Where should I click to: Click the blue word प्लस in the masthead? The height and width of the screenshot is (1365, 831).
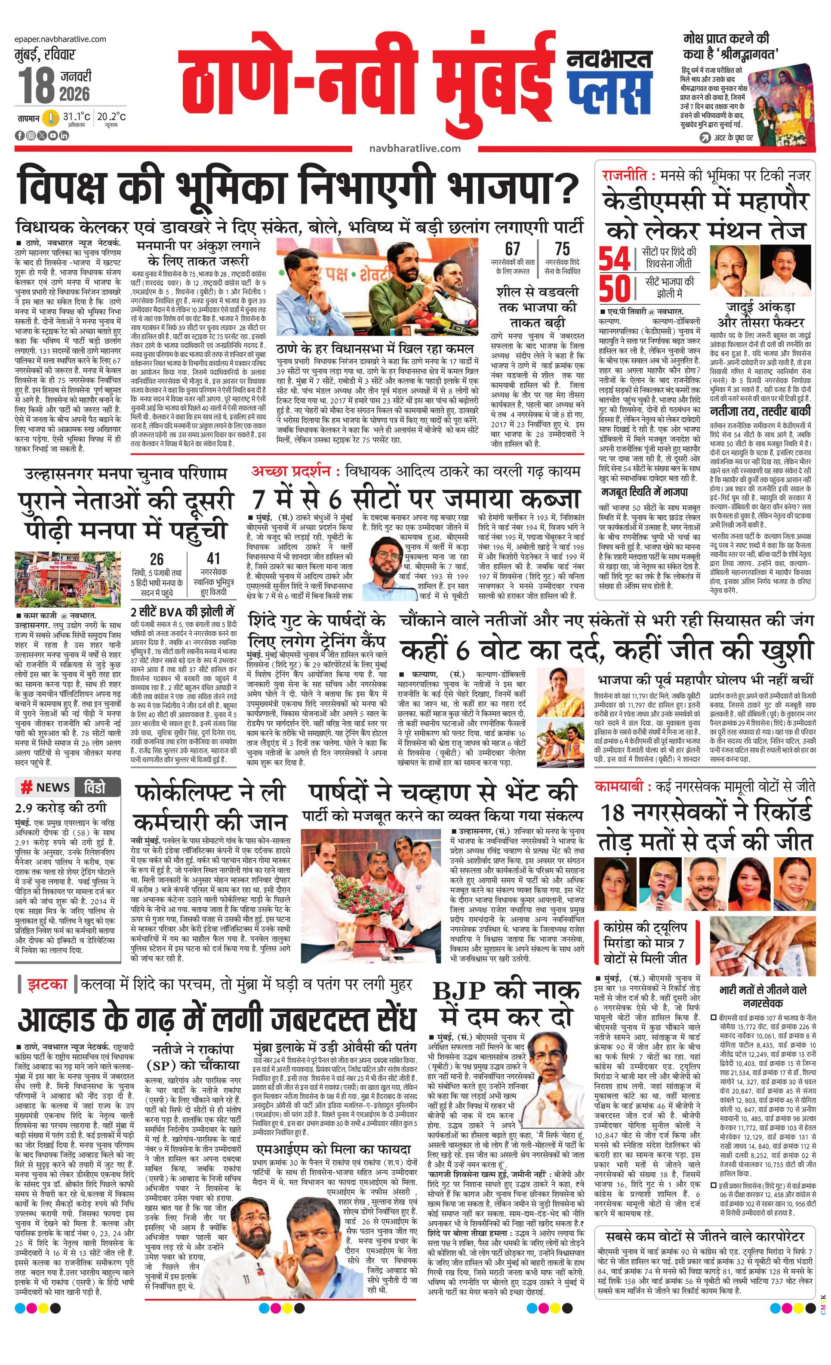[x=609, y=91]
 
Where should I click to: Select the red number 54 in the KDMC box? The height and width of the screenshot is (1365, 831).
[x=615, y=259]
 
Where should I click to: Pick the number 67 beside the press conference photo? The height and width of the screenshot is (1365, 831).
[x=512, y=249]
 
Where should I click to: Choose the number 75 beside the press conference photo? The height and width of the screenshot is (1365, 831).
[x=562, y=249]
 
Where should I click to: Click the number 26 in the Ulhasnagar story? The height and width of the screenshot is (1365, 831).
[x=157, y=559]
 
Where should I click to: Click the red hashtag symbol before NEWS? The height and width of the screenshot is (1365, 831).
[x=26, y=787]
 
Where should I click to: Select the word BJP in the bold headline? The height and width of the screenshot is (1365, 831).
[x=459, y=991]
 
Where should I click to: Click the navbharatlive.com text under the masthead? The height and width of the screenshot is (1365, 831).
[x=415, y=148]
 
